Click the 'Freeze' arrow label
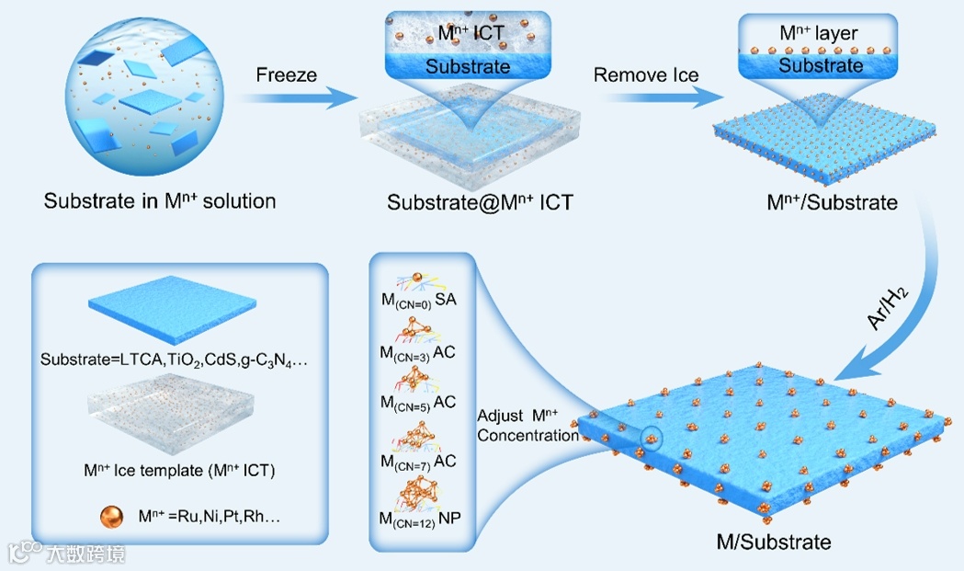[286, 75]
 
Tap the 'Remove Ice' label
[646, 75]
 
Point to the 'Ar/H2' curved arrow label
[877, 310]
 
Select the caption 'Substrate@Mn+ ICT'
[480, 202]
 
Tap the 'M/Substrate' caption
[773, 542]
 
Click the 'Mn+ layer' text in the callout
[819, 34]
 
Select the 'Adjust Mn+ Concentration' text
[527, 426]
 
